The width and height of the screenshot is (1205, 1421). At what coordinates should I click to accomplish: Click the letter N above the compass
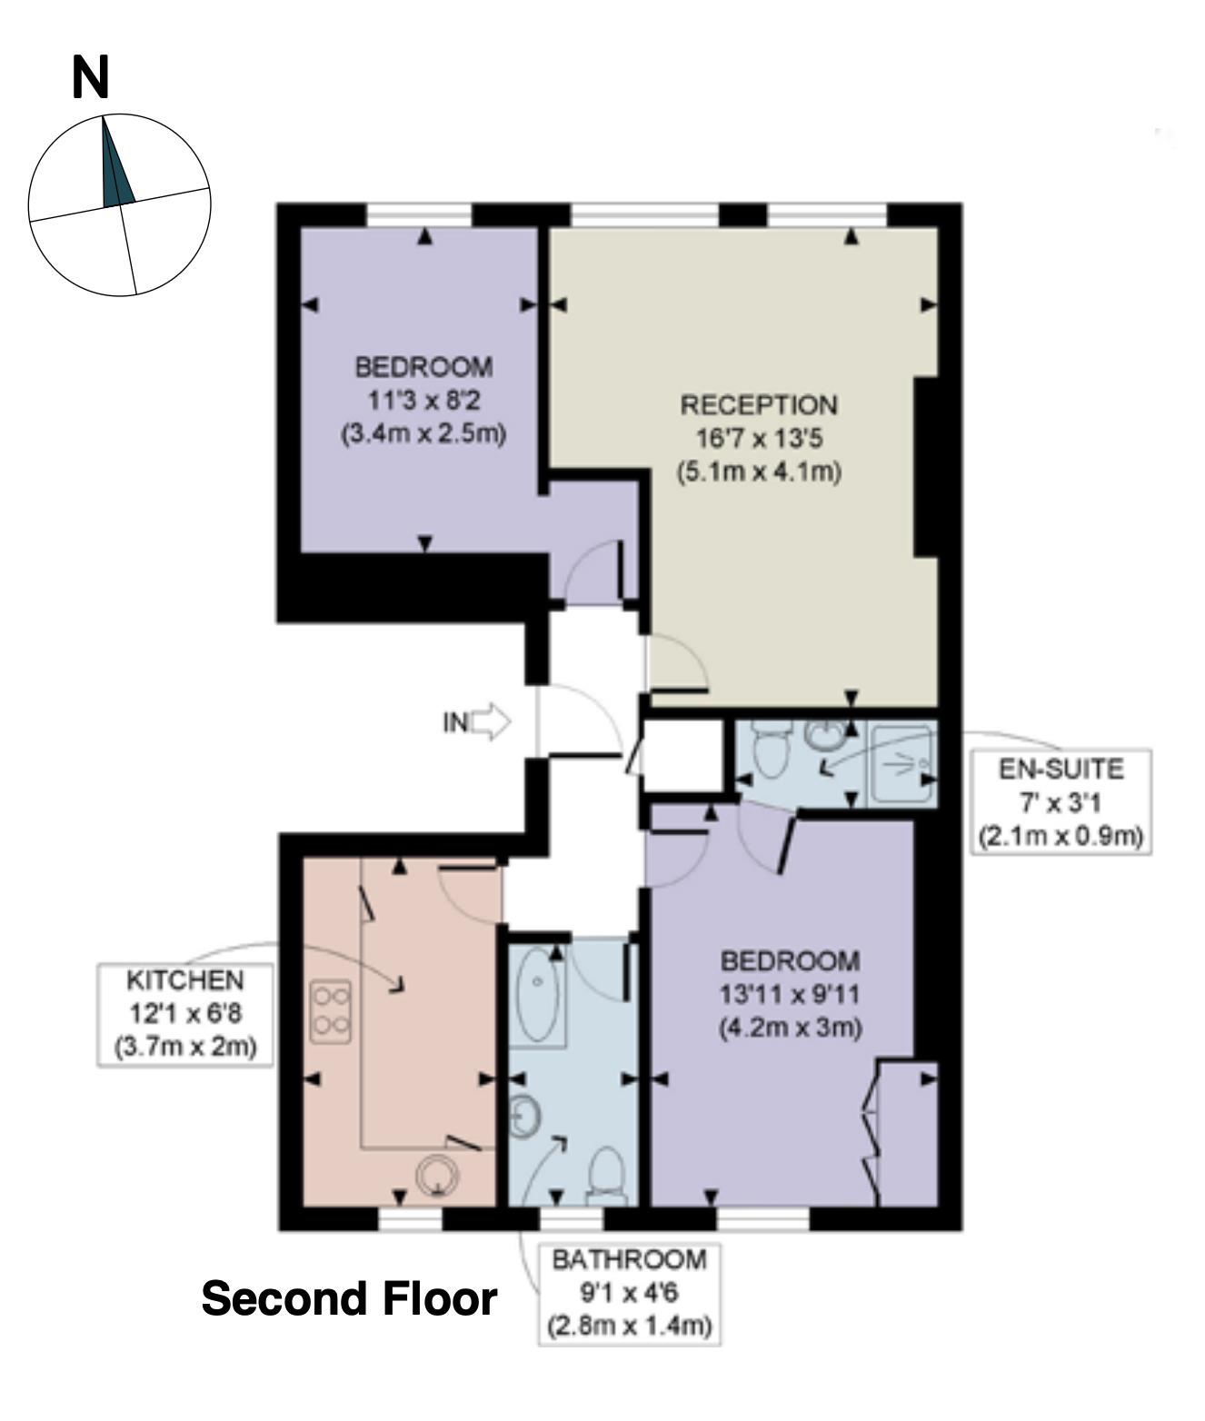[90, 78]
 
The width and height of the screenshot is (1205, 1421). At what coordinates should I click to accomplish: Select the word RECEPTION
[759, 405]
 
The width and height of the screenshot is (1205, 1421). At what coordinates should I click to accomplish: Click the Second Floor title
[349, 1298]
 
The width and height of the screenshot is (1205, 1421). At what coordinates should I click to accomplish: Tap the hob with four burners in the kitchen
[330, 1012]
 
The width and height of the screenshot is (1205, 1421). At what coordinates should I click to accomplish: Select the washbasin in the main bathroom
[524, 1117]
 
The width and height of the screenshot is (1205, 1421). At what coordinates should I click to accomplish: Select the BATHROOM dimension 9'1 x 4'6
[630, 1293]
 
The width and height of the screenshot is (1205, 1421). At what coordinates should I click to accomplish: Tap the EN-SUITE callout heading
[1061, 770]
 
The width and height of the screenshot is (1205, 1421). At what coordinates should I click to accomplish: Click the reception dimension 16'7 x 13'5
[760, 439]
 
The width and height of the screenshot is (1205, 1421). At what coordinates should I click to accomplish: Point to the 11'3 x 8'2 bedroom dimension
[423, 400]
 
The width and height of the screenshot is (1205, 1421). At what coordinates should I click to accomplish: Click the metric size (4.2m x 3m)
[791, 1028]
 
